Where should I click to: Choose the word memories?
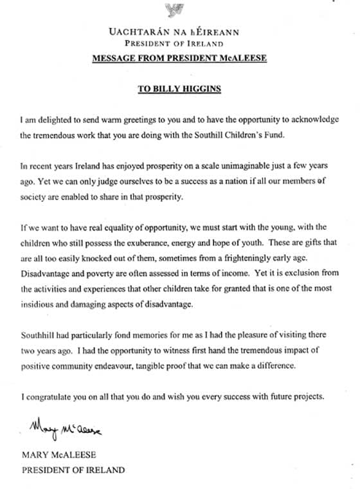pyautogui.click(x=139, y=336)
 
